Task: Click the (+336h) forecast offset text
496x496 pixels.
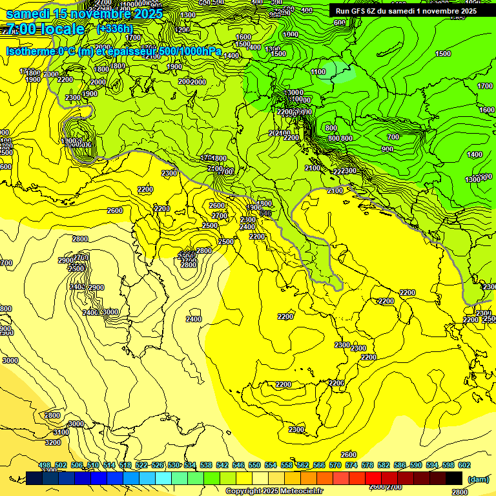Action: (x=114, y=29)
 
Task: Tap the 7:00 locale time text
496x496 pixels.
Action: (x=45, y=29)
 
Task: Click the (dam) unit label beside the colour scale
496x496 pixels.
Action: (x=479, y=479)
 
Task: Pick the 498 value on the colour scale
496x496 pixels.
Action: (x=45, y=465)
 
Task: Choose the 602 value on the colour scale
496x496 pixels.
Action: (x=464, y=465)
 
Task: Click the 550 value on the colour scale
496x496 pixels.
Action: (x=254, y=465)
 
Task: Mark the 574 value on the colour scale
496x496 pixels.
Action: (x=351, y=465)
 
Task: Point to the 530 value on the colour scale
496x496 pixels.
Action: (x=174, y=465)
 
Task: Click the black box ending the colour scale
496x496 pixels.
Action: (x=454, y=478)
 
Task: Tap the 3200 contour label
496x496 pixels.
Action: (x=53, y=442)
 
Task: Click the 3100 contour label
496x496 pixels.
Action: (x=61, y=432)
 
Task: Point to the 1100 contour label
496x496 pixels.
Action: (x=318, y=72)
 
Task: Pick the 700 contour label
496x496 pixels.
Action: (x=393, y=137)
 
